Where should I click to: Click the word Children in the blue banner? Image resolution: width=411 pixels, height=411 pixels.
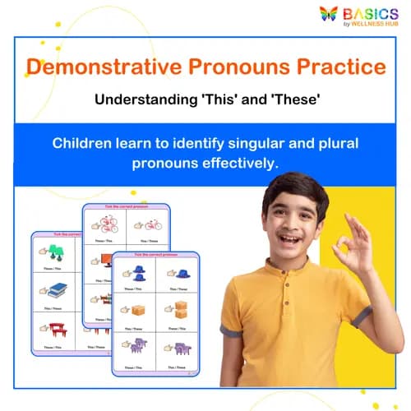(x=86, y=142)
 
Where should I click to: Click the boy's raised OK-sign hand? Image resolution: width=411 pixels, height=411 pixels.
(x=354, y=244)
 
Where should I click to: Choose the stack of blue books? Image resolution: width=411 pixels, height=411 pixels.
(x=57, y=288)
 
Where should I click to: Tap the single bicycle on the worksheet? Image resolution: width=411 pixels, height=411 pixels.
(x=152, y=223)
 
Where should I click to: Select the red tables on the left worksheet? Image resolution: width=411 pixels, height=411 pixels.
(x=57, y=328)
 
